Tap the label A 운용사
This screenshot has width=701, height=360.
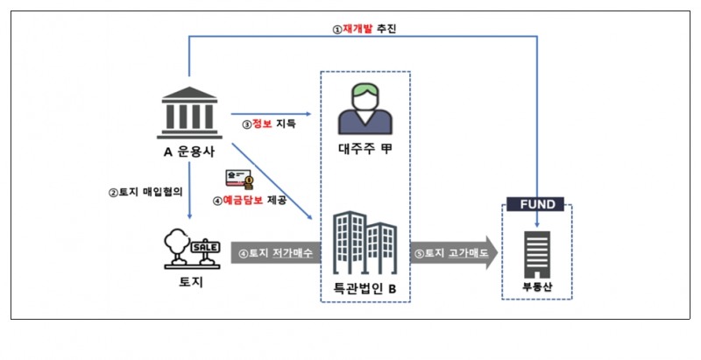190,150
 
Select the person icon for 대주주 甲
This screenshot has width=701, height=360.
365,104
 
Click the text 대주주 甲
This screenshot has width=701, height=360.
365,150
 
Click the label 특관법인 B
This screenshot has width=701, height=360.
365,287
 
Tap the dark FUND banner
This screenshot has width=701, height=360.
535,204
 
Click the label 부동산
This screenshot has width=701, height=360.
535,287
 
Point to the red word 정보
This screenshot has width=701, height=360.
262,124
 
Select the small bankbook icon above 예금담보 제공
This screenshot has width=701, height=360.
239,179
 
